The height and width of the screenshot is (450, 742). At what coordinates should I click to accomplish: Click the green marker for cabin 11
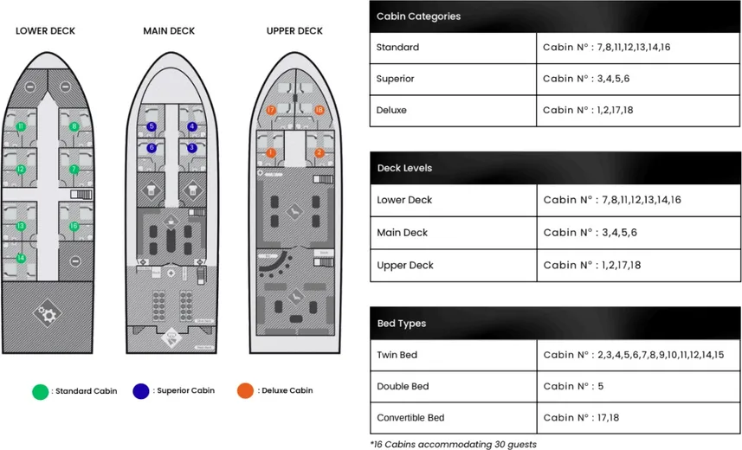click(21, 126)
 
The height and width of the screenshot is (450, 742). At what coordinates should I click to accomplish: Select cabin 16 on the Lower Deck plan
click(74, 226)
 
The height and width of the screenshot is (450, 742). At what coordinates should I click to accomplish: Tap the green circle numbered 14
click(21, 258)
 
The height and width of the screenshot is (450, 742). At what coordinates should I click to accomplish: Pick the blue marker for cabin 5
click(152, 126)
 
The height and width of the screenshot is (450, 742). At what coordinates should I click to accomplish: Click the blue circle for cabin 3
click(191, 148)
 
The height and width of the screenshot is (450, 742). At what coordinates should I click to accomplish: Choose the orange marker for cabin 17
click(271, 110)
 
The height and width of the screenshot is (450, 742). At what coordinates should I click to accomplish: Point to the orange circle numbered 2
click(319, 153)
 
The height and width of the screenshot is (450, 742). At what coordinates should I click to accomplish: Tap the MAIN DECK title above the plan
click(168, 31)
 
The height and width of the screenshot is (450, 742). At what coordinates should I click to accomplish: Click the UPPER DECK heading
click(294, 31)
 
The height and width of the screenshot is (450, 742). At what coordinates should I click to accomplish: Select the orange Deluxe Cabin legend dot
click(245, 391)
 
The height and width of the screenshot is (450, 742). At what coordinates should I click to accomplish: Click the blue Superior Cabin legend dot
click(141, 391)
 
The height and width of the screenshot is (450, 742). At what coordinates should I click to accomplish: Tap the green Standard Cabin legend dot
click(41, 391)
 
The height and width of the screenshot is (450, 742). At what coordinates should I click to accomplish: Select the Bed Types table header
click(402, 324)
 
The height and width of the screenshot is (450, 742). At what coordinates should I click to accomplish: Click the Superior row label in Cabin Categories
click(396, 79)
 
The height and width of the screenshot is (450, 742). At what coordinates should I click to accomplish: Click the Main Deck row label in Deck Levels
click(403, 233)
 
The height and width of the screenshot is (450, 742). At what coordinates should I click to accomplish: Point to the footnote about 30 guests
click(453, 444)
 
